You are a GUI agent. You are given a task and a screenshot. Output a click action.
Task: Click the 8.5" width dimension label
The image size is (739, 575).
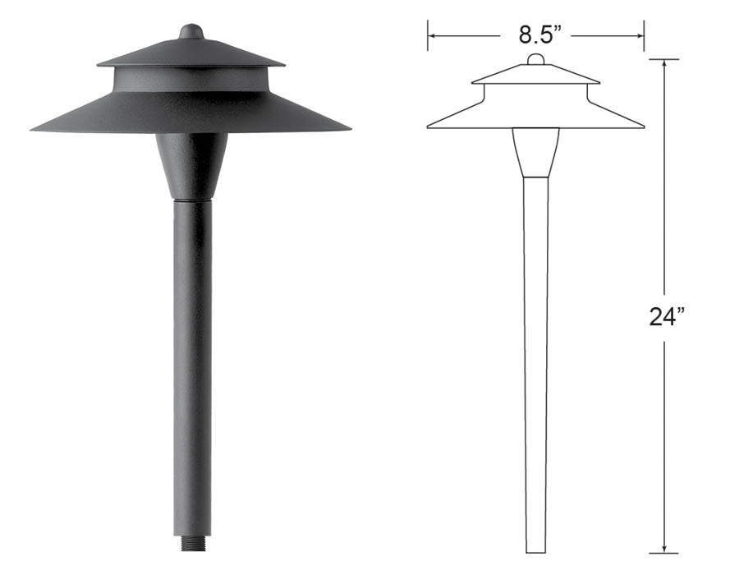click(540, 34)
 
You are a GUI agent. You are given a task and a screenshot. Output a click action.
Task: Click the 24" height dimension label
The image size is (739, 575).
click(667, 317)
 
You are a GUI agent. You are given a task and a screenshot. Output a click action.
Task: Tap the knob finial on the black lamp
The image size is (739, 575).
click(191, 31)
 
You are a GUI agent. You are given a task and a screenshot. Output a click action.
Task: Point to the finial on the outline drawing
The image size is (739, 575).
click(535, 59)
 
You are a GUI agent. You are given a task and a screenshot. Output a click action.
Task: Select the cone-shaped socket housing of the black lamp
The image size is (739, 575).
click(192, 166)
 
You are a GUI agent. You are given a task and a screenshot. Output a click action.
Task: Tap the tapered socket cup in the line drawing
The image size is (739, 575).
click(536, 152)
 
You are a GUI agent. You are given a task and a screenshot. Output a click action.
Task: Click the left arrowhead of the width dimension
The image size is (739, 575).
click(432, 35)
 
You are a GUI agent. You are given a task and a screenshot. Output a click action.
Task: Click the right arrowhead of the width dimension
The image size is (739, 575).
click(640, 35)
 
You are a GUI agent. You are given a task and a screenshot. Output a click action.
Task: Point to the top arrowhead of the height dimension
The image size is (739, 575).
click(664, 64)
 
